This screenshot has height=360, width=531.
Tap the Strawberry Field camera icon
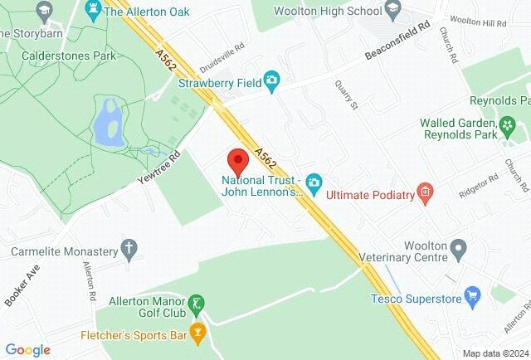point(271,80)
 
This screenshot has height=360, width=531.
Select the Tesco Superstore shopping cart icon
point(473,294)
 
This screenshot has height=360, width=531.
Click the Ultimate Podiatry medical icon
point(426,194)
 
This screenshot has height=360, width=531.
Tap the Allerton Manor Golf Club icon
point(197,304)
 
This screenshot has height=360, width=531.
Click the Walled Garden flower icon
point(508,125)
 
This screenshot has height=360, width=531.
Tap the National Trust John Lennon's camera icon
point(314,181)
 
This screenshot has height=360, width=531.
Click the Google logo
point(27,350)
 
